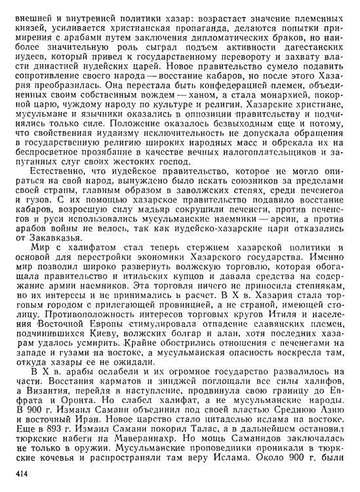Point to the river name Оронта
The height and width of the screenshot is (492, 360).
[63, 417]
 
